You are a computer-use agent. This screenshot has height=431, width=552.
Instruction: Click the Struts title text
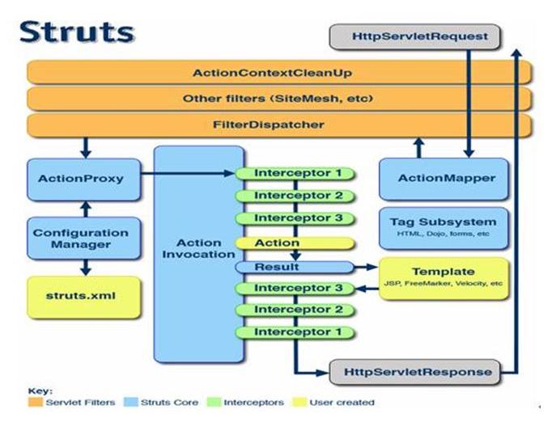(x=76, y=32)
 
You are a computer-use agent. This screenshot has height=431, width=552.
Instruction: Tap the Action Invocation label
(x=199, y=248)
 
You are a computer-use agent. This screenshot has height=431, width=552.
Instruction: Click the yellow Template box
(x=443, y=277)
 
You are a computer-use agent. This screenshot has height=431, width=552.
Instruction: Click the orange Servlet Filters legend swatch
(x=36, y=402)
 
